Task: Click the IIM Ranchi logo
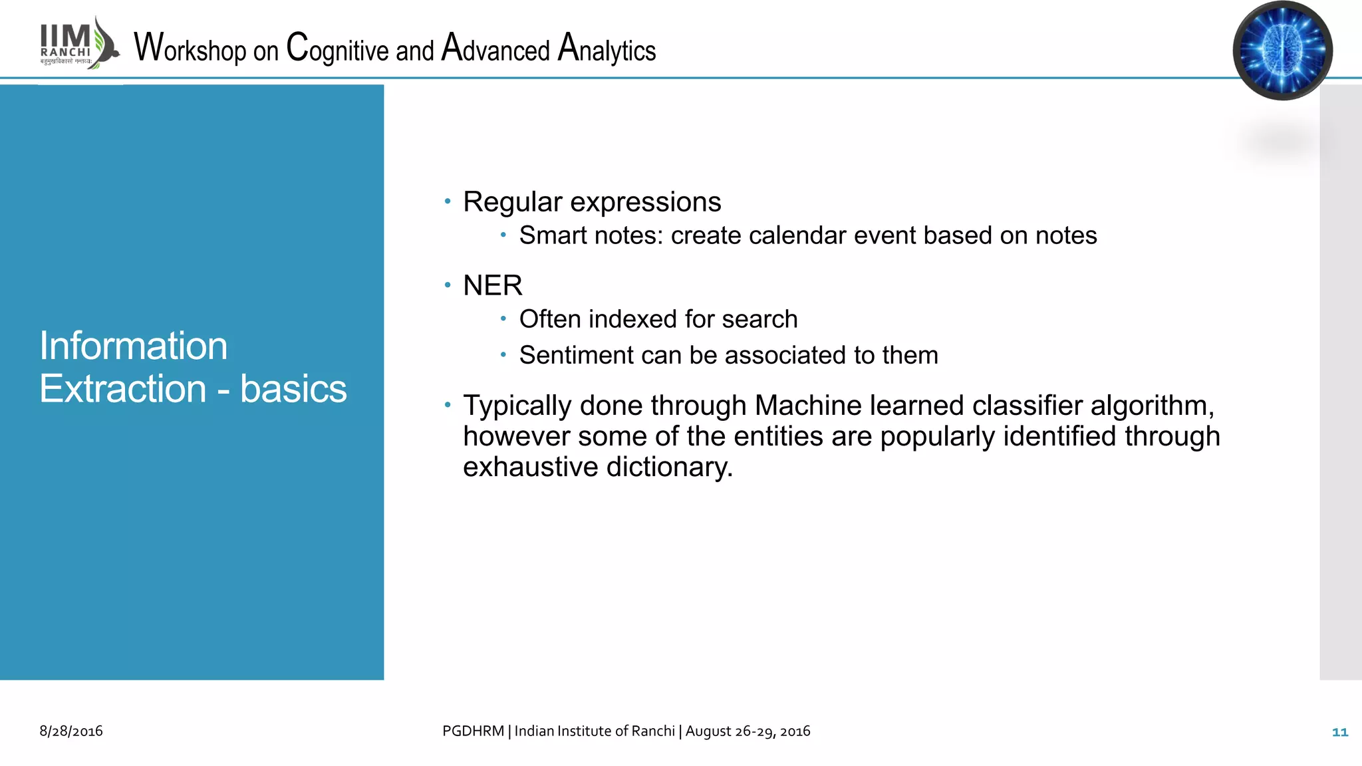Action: [x=78, y=44]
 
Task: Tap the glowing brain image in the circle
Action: [x=1282, y=51]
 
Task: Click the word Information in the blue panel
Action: [x=133, y=346]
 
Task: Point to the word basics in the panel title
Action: [x=293, y=389]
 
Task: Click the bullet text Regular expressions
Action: [x=591, y=202]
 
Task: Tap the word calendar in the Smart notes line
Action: [x=783, y=236]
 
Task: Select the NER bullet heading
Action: [x=492, y=286]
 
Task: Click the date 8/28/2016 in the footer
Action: [x=71, y=731]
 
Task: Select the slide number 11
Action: [x=1339, y=732]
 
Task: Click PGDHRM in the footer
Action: [x=473, y=731]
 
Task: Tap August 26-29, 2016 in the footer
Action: [x=748, y=731]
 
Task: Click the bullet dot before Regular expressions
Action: [x=448, y=201]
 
